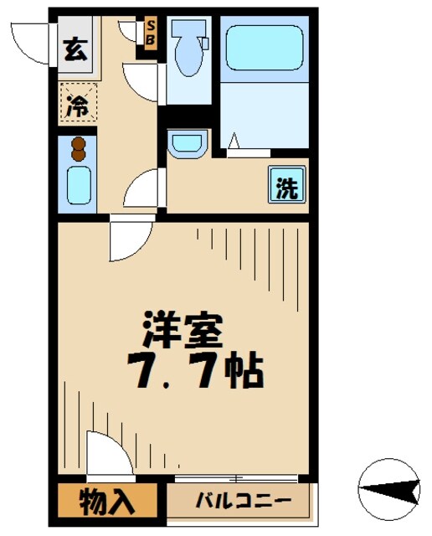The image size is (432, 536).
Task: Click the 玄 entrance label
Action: click(75, 49)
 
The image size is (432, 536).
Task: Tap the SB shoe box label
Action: click(150, 33)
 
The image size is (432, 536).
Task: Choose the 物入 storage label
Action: click(106, 502)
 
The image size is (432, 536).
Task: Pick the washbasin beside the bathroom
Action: click(185, 143)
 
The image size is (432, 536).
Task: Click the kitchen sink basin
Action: click(79, 184)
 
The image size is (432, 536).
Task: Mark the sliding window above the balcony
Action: click(237, 479)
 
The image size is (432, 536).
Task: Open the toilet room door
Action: click(141, 84)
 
